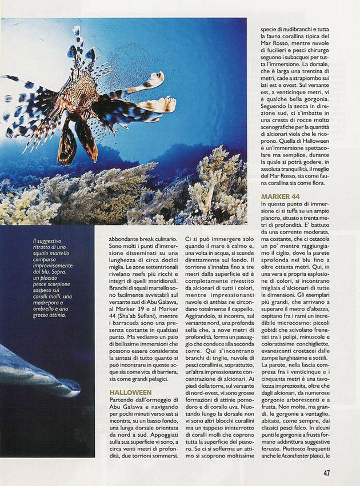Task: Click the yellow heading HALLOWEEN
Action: [131, 393]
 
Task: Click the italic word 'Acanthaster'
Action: [297, 456]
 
